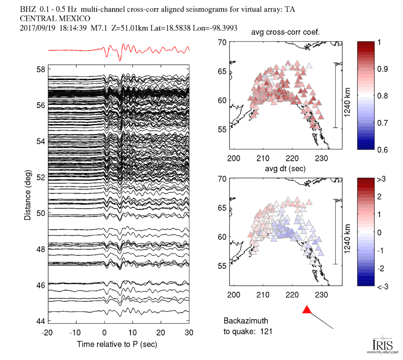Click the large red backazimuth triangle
pos(307,310)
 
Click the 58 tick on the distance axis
pos(41,69)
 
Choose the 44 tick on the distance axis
pos(41,321)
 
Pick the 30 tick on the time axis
pos(189,333)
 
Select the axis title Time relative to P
pos(117,344)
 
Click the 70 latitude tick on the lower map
pos(223,178)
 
